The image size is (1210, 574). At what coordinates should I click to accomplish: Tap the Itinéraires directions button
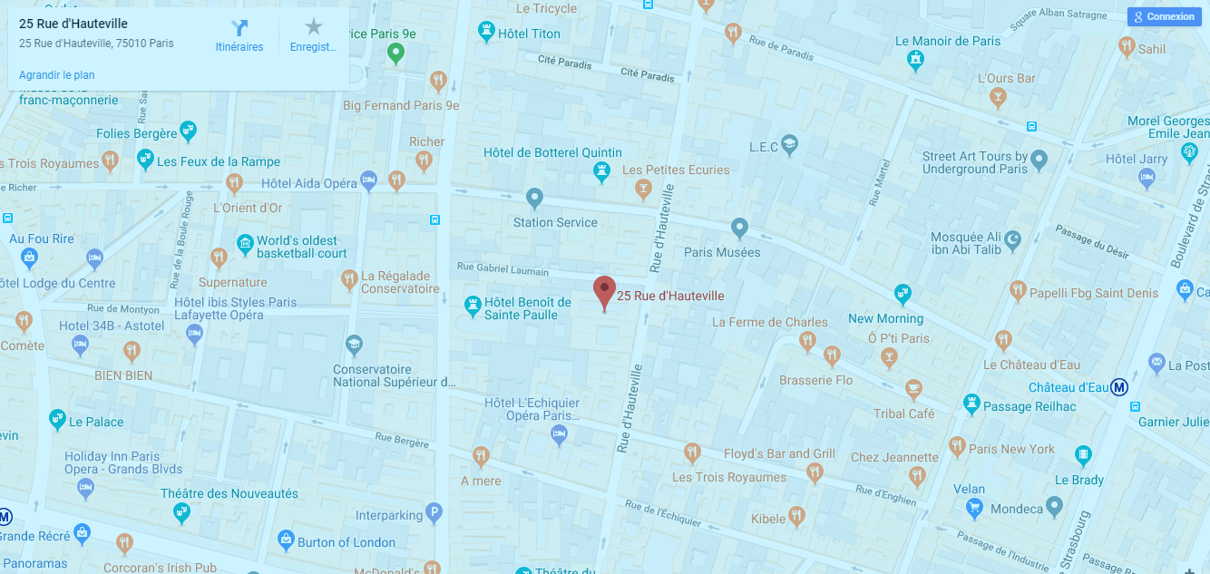[239, 28]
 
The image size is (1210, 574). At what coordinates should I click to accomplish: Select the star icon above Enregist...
[313, 27]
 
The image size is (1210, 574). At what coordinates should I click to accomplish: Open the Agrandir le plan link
[56, 75]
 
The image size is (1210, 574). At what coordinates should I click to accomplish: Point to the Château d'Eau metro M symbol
[1119, 387]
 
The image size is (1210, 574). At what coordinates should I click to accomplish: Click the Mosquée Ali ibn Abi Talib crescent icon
[1014, 238]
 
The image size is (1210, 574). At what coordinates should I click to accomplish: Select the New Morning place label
[885, 318]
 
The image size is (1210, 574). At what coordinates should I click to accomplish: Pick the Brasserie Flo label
[815, 380]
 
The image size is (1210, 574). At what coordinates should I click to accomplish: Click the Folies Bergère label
[137, 133]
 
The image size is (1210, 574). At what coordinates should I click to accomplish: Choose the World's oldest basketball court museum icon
[244, 243]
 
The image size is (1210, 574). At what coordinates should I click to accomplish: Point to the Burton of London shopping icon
[286, 541]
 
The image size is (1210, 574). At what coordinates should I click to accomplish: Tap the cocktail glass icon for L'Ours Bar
[999, 97]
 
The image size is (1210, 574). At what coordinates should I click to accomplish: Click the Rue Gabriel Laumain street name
[503, 269]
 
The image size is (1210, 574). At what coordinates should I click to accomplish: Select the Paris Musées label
[722, 252]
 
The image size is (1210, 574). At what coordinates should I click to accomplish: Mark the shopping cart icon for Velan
[975, 509]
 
